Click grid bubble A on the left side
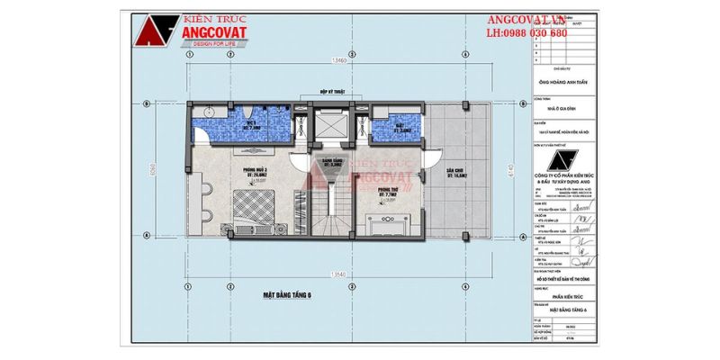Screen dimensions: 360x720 pyautogui.click(x=148, y=231)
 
